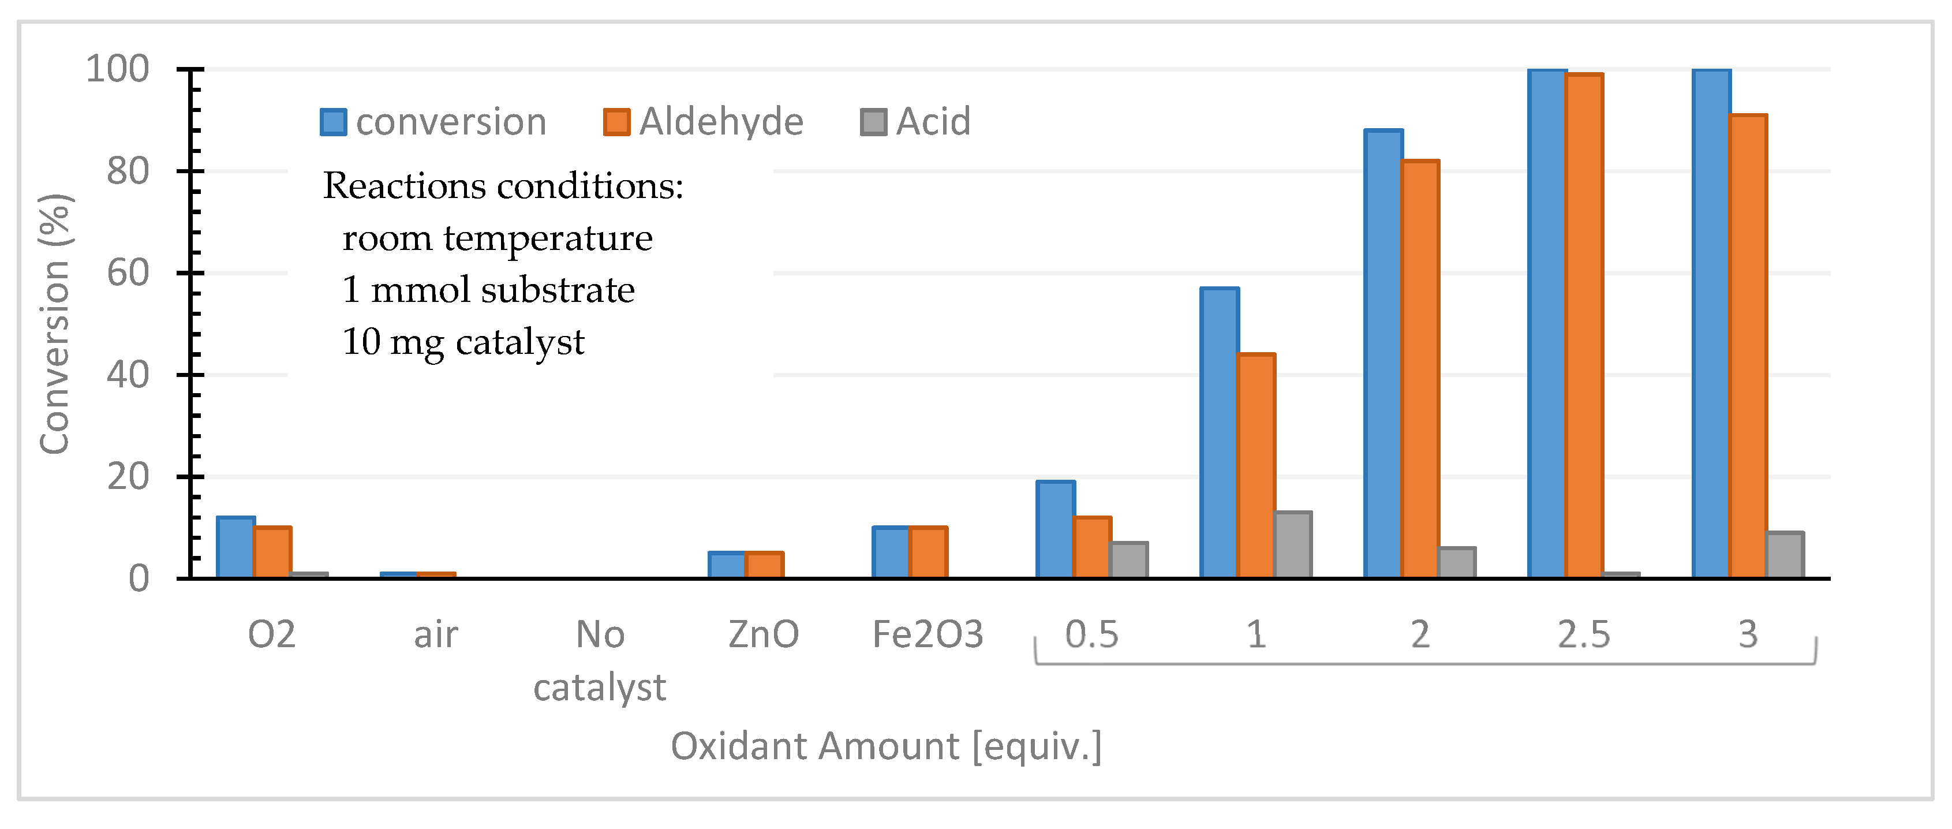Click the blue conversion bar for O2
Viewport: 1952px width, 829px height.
coord(235,547)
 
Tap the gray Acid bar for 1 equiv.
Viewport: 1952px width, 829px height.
coord(1293,545)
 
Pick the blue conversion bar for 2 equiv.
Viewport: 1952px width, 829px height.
coord(1383,353)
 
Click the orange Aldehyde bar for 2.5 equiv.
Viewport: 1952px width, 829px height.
coord(1584,326)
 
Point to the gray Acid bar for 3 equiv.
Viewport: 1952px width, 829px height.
coord(1785,555)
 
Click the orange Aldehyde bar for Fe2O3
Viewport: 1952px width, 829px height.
coord(928,552)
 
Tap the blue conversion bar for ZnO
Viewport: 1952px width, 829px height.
coord(727,565)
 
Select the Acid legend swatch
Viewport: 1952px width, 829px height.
coord(873,122)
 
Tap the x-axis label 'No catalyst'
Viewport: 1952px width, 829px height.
coord(599,660)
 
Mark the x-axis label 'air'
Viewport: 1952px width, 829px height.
coord(436,634)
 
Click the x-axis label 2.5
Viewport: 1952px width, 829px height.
coord(1584,634)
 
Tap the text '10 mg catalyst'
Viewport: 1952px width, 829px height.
coord(463,342)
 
